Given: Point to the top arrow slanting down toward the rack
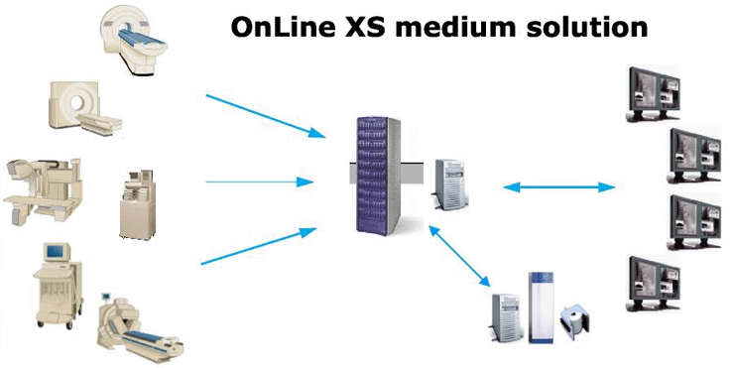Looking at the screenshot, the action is coord(262,115).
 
